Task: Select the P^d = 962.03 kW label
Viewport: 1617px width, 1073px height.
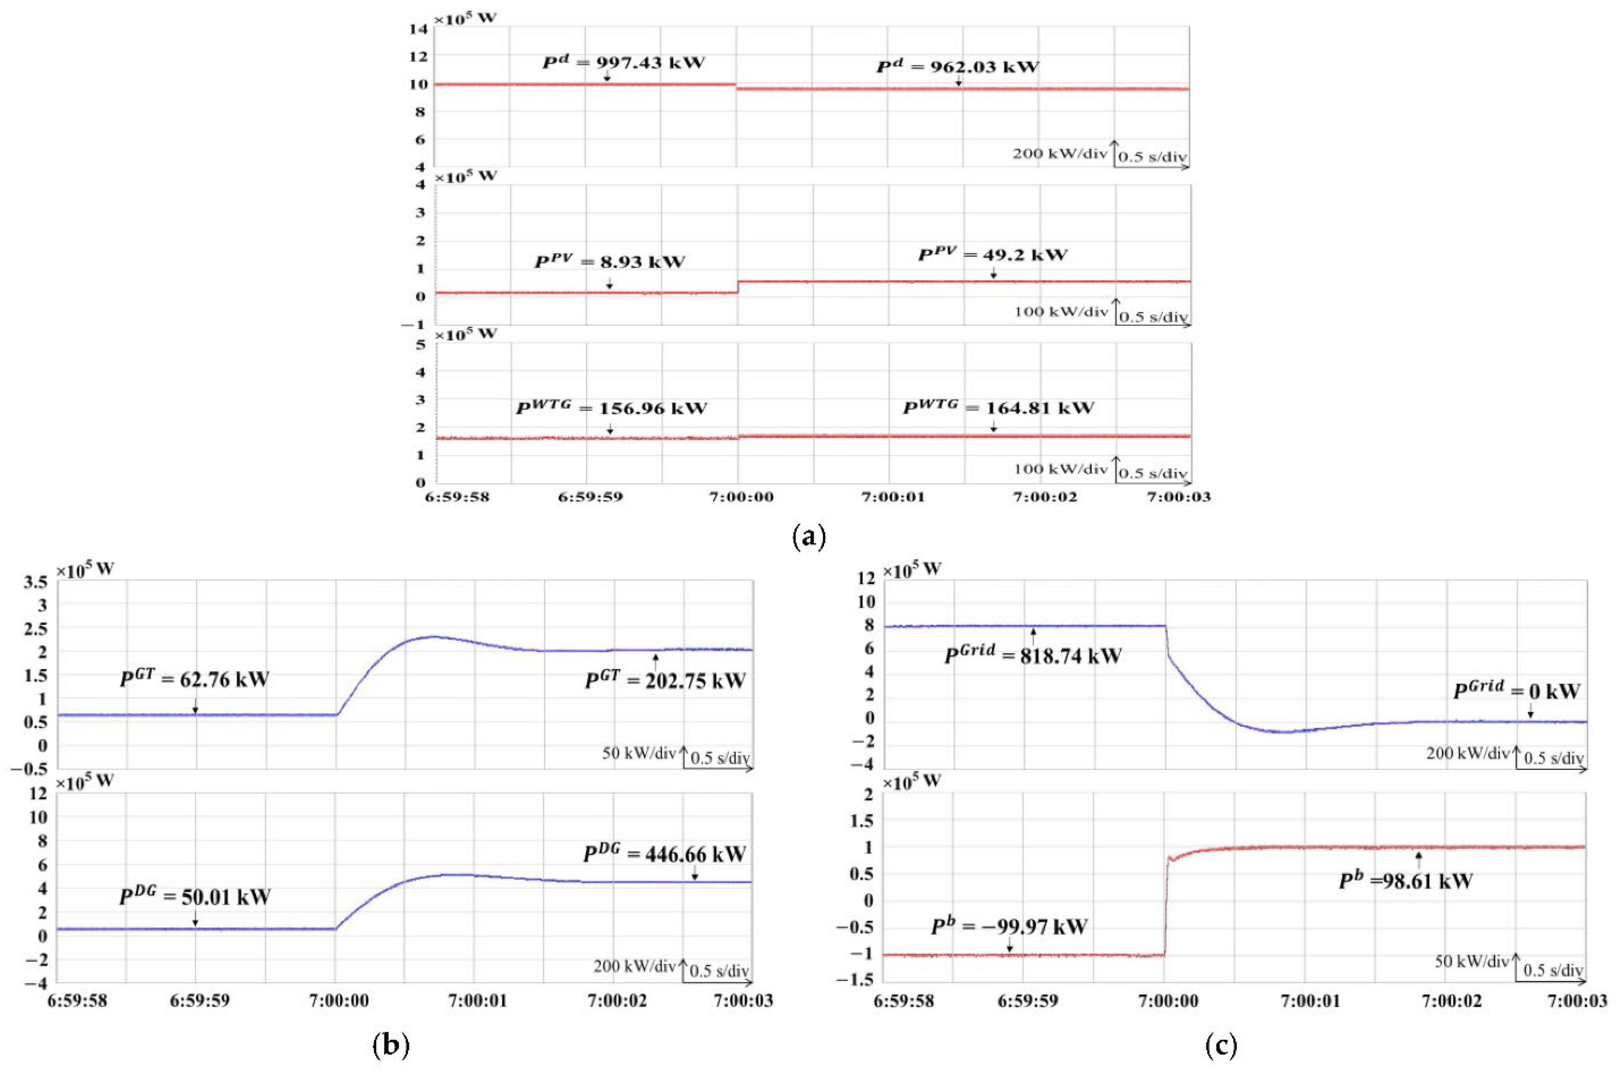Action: (957, 67)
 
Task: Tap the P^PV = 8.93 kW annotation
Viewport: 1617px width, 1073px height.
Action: (610, 262)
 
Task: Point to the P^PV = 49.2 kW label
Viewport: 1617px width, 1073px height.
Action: (992, 255)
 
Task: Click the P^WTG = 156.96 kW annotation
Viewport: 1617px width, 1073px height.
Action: (611, 409)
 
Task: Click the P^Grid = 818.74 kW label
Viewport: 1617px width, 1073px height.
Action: (1033, 656)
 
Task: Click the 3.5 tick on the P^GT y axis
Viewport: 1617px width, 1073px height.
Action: (36, 582)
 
